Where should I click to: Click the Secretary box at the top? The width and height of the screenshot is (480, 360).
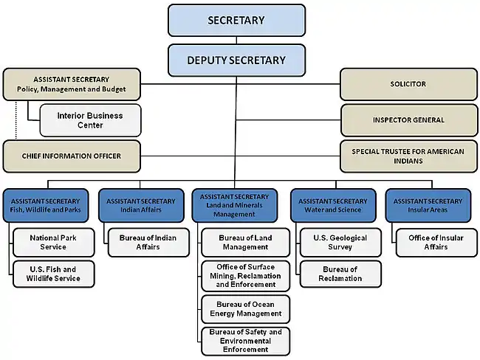236,20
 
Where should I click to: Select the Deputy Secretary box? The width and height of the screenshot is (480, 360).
236,60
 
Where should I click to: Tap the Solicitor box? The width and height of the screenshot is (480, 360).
408,84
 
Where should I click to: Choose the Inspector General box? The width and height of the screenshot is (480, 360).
409,120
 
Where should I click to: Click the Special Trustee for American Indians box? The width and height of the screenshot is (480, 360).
408,156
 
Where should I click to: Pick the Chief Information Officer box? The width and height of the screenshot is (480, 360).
72,156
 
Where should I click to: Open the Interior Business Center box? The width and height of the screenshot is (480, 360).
90,120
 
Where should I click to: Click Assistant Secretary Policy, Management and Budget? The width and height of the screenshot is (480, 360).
72,84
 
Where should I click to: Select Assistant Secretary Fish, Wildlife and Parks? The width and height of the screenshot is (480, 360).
46,206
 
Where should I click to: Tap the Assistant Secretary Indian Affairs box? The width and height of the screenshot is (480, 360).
141,206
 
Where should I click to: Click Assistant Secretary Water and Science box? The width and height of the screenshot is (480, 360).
333,206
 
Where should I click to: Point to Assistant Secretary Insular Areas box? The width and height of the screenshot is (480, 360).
428,206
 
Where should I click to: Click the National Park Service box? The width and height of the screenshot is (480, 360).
54,242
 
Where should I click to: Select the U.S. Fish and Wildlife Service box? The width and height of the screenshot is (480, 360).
54,274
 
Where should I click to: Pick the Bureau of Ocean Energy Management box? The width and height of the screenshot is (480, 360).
245,309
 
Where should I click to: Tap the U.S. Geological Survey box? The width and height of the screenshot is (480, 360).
340,242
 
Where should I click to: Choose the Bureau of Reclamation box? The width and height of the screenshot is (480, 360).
340,274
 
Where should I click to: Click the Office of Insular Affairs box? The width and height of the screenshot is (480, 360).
436,242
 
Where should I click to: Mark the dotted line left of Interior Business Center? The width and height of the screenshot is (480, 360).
16,120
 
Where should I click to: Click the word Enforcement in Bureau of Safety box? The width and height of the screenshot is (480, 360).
245,349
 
